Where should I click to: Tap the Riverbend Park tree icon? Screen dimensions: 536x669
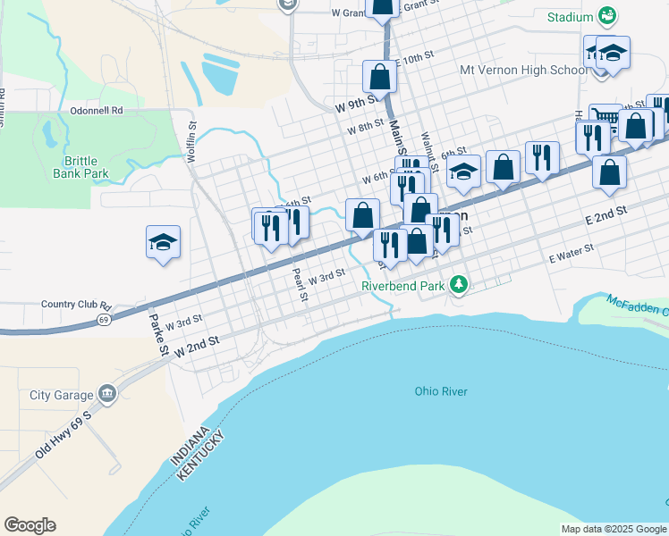pos(459,285)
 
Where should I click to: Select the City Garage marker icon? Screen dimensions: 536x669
pos(107,395)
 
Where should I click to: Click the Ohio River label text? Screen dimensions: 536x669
pos(441,391)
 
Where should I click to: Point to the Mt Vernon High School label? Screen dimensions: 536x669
pos(523,70)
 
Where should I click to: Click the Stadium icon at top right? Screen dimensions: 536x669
pos(607,16)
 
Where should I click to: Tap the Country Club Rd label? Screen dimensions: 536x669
pos(75,304)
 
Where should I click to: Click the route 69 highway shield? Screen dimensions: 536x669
pos(105,319)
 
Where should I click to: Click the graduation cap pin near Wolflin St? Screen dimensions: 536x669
pos(163,242)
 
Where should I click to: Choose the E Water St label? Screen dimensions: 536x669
pos(572,254)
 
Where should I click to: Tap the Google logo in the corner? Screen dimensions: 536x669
pos(30,525)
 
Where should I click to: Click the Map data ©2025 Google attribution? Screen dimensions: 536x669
pos(614,529)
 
